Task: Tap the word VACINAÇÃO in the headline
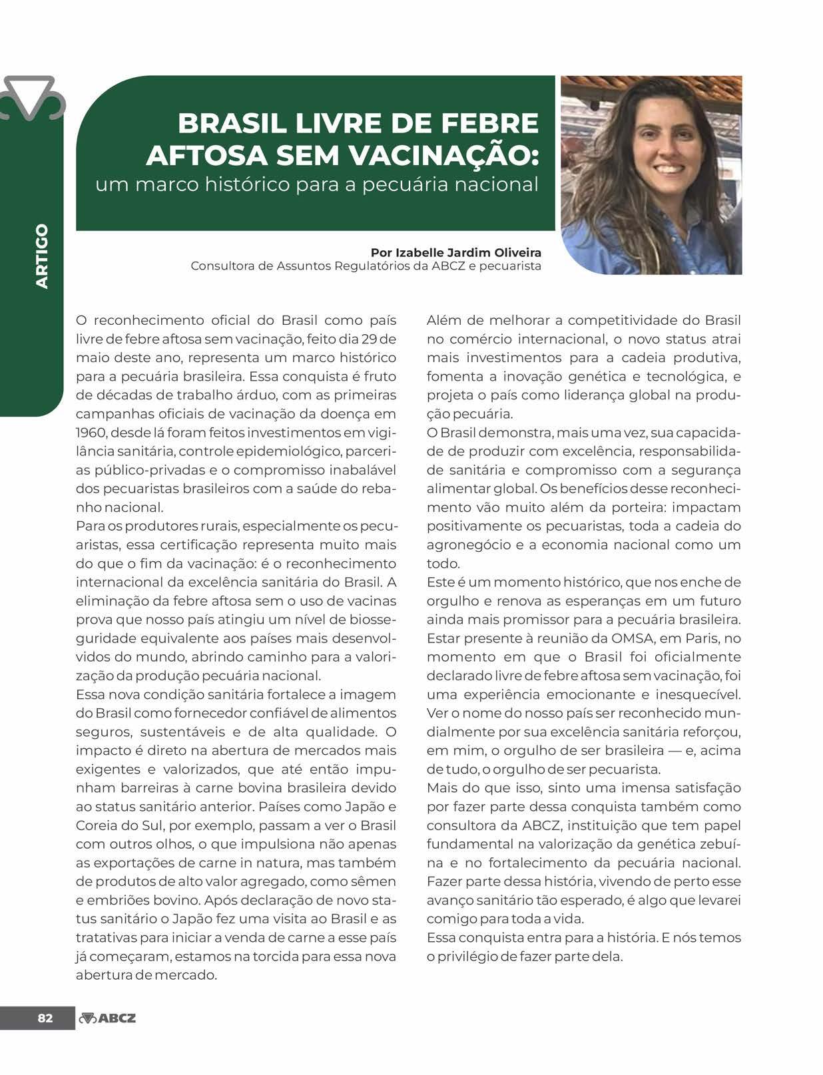pos(442,154)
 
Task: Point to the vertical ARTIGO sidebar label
pos(42,256)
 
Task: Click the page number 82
pos(45,1018)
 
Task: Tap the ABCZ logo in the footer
pos(108,1018)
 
